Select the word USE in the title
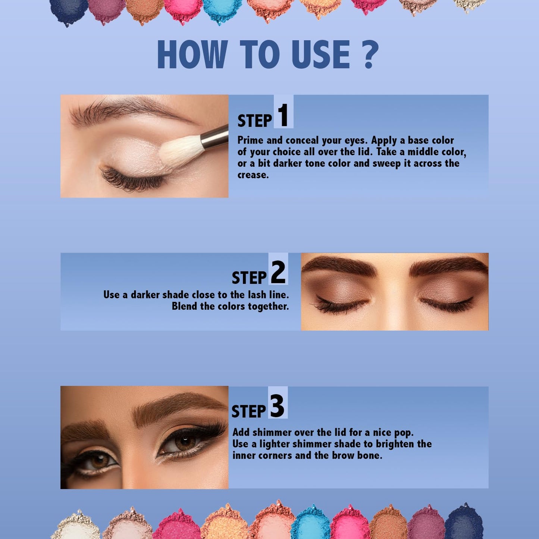point(321,55)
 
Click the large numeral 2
point(278,272)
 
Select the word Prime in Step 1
point(250,141)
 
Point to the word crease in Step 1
point(252,175)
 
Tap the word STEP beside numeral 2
point(249,278)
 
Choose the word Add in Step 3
point(241,432)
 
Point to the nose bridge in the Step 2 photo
point(395,295)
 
